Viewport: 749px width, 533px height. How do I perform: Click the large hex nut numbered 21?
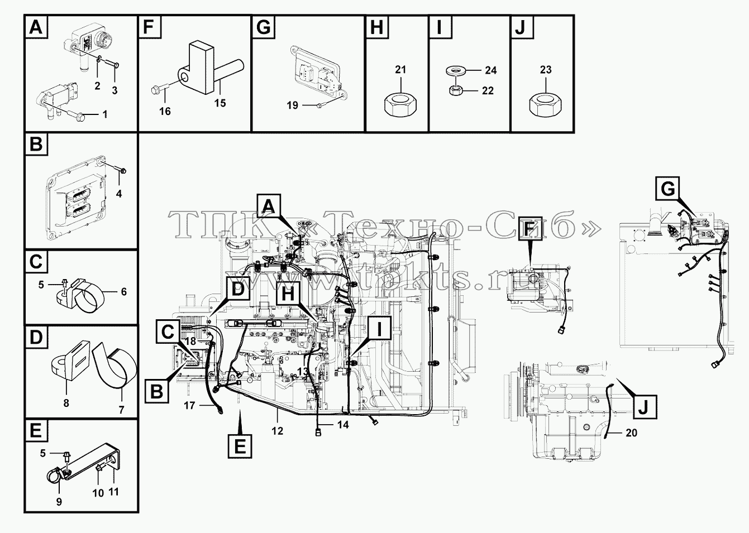click(400, 103)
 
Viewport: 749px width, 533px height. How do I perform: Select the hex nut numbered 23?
click(546, 103)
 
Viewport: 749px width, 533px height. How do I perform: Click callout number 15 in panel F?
click(220, 103)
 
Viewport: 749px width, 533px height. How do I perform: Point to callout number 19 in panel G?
click(292, 105)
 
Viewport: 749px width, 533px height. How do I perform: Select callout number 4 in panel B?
click(119, 194)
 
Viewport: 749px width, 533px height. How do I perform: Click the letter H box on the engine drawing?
click(288, 294)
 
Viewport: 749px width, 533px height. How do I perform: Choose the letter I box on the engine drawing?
click(379, 328)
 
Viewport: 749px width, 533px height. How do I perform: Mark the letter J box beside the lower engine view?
click(645, 407)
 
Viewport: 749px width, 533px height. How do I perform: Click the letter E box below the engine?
click(240, 446)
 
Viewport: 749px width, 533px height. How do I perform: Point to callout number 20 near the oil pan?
click(631, 433)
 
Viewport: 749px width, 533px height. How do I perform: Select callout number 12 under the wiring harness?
click(277, 431)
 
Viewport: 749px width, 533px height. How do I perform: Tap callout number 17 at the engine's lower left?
click(189, 406)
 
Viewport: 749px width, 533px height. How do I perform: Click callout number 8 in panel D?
click(66, 404)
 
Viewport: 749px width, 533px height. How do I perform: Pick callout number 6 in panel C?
click(124, 292)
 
